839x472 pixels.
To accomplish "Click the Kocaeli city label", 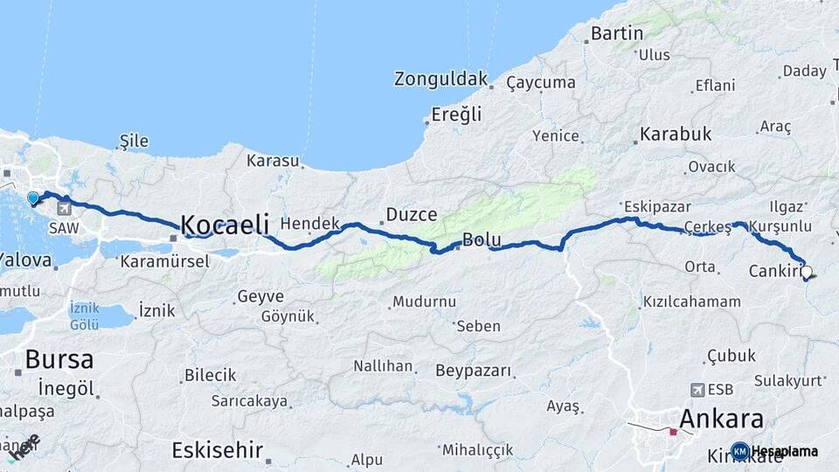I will tap(225, 223).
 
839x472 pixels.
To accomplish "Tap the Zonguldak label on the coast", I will tap(440, 79).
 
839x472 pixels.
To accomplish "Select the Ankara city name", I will tap(720, 418).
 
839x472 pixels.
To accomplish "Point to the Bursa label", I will tap(59, 358).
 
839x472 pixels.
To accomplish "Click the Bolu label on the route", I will tap(481, 239).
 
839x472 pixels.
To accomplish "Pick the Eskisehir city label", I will tap(218, 450).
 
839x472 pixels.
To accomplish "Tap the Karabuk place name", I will tap(676, 135).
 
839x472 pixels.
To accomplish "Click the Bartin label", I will tap(617, 33).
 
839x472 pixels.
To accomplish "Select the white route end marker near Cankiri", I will tap(807, 272).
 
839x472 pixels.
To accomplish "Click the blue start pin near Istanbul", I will tap(33, 198).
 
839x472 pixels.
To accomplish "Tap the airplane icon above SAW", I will tap(65, 210).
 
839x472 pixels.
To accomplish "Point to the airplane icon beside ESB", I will tap(697, 390).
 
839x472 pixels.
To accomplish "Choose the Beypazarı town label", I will tap(473, 371).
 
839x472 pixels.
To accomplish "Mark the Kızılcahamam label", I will tap(691, 302).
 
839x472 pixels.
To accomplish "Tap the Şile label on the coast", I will tap(135, 141).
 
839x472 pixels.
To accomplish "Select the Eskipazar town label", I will tap(657, 207).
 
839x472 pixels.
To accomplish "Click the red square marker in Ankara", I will tap(673, 431).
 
